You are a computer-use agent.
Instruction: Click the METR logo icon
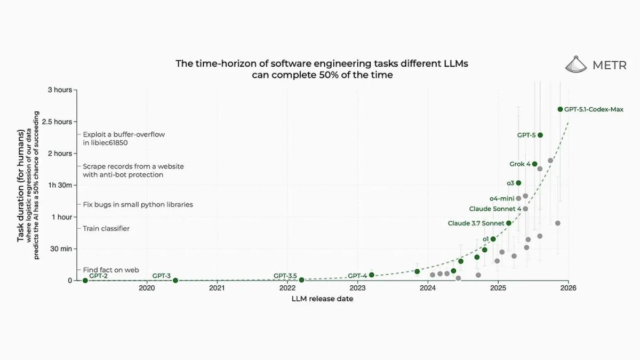coord(576,64)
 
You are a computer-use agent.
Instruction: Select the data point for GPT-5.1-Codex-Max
coord(560,109)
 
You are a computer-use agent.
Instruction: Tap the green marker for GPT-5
coord(540,135)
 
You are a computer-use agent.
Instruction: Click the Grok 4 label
coord(519,164)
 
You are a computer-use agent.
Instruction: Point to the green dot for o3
coord(518,183)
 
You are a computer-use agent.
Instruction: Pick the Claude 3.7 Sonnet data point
coord(509,223)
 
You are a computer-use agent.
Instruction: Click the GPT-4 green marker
coord(372,275)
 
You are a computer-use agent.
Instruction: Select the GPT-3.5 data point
coord(301,279)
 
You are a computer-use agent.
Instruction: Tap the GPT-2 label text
coord(98,276)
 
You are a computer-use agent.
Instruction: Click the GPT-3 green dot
coord(175,280)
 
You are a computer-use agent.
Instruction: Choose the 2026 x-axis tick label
coord(568,289)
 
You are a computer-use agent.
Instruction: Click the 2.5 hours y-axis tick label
coord(57,122)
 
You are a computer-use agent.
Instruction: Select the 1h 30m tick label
coord(61,185)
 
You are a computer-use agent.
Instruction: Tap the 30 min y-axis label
coord(60,249)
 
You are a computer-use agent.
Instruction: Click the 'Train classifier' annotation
coord(106,229)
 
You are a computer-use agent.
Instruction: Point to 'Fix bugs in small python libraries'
coord(138,204)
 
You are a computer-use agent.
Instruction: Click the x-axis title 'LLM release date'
coord(322,299)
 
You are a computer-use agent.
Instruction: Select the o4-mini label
coord(501,198)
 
